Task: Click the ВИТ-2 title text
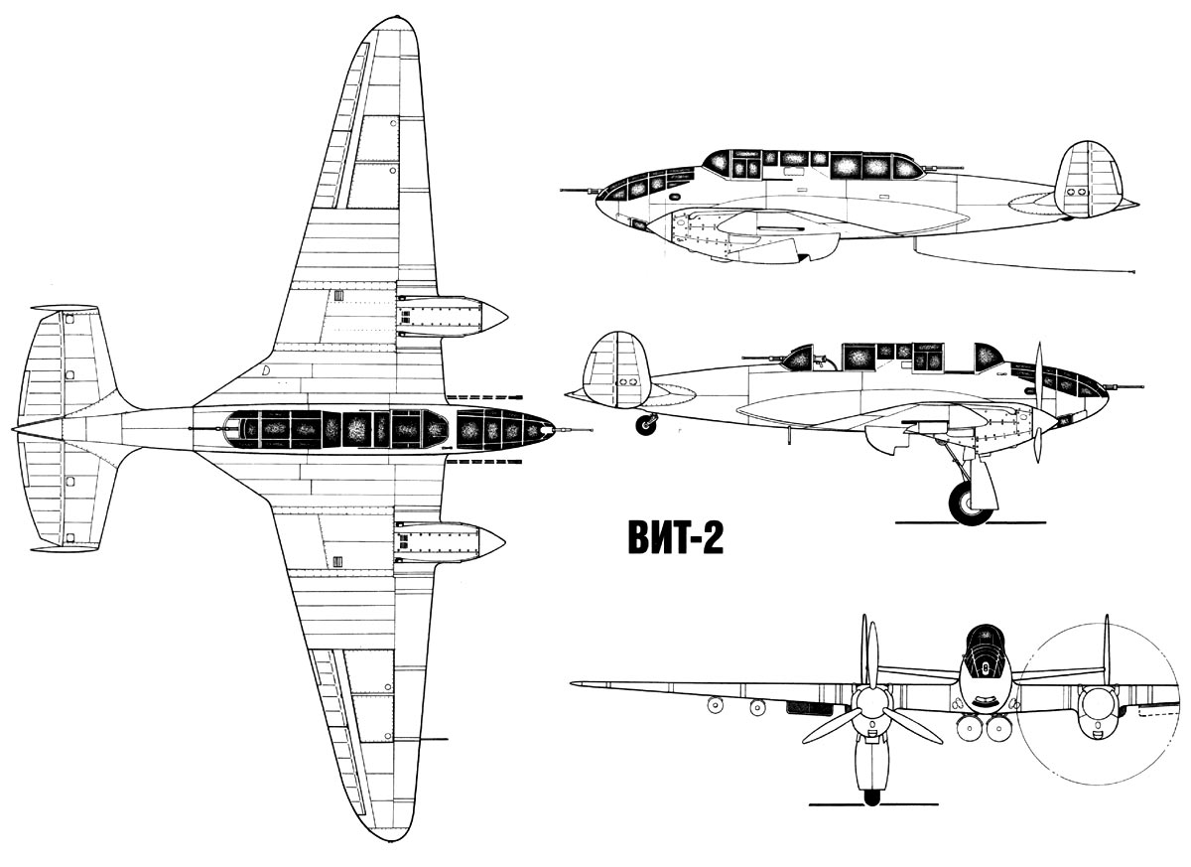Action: click(x=675, y=537)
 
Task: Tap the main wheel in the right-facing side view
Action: click(x=970, y=504)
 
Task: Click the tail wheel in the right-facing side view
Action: click(x=646, y=425)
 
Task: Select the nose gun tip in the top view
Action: click(x=591, y=430)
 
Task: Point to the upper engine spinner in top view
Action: click(x=493, y=318)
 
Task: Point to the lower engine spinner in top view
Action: click(x=491, y=543)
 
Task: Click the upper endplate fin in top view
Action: click(x=65, y=308)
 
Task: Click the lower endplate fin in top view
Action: click(x=65, y=549)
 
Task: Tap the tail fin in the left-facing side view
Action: click(x=1088, y=179)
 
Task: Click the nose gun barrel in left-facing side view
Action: click(x=581, y=190)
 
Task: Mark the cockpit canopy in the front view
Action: click(x=986, y=652)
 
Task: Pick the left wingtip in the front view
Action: click(x=575, y=684)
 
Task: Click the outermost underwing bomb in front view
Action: click(x=716, y=705)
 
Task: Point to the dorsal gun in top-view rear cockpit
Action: click(x=207, y=429)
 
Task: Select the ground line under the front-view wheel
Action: click(x=873, y=819)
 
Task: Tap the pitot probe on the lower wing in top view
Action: click(x=434, y=739)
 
